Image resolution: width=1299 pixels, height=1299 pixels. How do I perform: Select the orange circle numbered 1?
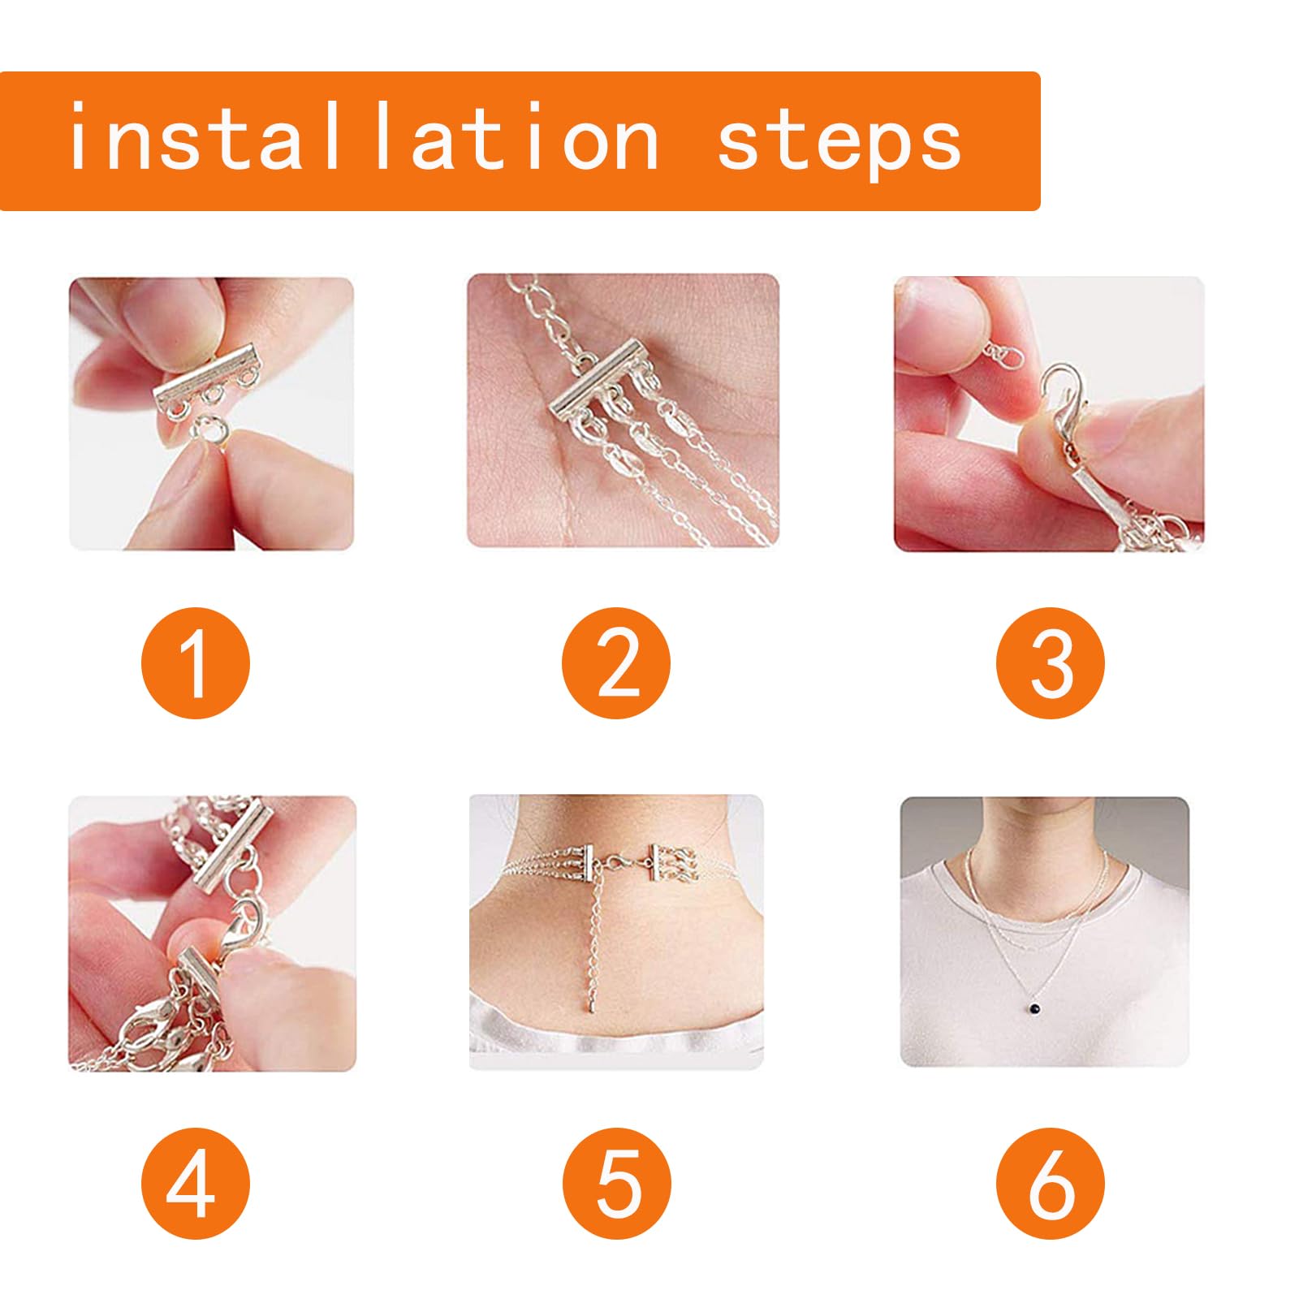click(x=196, y=662)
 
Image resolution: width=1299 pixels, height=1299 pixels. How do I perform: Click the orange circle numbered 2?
click(x=617, y=662)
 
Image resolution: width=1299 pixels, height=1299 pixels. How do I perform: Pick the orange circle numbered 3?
click(x=1051, y=662)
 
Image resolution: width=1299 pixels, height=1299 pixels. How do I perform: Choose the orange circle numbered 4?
click(x=196, y=1184)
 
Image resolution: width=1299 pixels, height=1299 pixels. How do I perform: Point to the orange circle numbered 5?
click(x=617, y=1184)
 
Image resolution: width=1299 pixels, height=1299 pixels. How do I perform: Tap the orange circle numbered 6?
click(x=1051, y=1184)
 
